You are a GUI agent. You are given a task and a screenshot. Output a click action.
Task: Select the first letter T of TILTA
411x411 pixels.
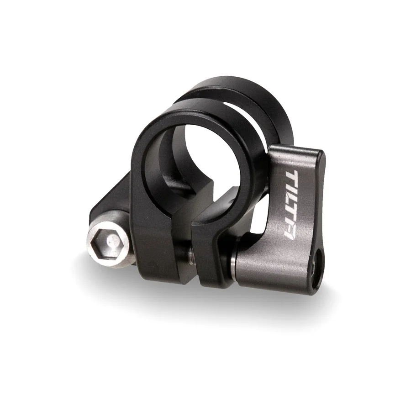(291, 177)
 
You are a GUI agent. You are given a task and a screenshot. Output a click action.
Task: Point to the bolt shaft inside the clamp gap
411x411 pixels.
(190, 256)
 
